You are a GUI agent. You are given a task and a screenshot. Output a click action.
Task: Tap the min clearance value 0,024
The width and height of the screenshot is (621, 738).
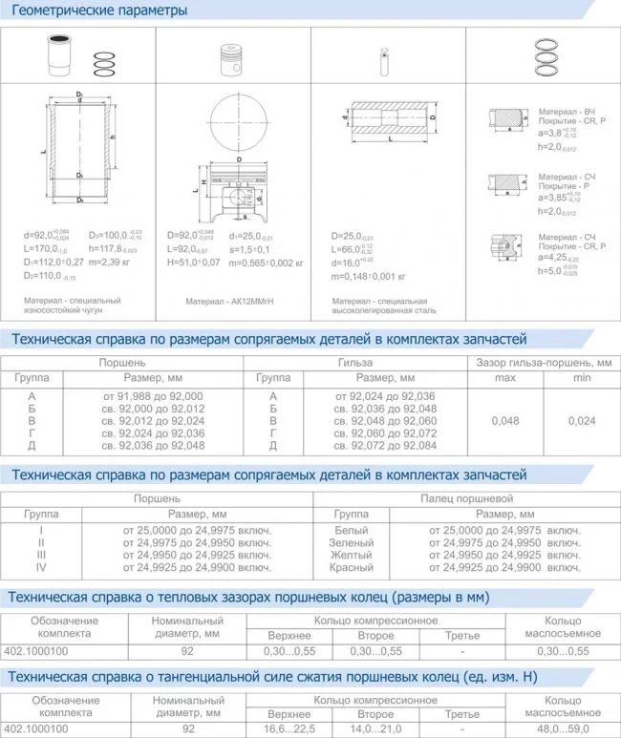coord(580,420)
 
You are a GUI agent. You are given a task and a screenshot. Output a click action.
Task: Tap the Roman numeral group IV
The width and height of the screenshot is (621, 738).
coord(41,567)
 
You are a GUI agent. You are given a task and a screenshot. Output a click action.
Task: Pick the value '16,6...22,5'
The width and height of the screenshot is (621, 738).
coord(289,728)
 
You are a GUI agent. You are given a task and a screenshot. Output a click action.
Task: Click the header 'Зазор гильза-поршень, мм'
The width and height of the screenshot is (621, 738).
coord(544,363)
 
